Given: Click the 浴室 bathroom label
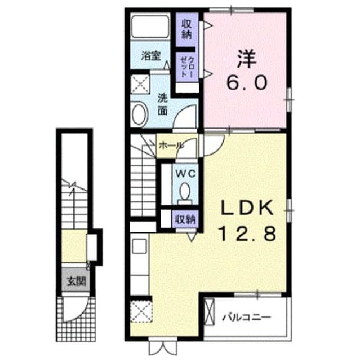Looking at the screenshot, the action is tap(151, 56).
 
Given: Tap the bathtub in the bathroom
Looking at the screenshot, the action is tap(150, 27).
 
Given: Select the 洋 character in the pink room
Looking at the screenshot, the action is tap(247, 59).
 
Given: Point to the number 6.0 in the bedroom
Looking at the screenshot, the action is tap(247, 82).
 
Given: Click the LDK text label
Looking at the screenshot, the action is tap(247, 208).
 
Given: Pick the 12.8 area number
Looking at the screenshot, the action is tap(247, 233).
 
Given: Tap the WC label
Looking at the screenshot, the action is tap(185, 174).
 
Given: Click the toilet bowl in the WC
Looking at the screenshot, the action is tap(185, 191).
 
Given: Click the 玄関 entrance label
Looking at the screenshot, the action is tap(76, 281).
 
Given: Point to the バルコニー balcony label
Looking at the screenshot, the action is tap(246, 318).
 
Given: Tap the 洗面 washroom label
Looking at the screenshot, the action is tap(162, 105).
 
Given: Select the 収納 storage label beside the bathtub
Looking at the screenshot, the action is tap(186, 29).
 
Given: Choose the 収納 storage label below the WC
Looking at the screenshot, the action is tap(185, 219).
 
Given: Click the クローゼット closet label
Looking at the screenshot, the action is tap(186, 67).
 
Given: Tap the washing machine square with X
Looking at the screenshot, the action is tap(140, 84).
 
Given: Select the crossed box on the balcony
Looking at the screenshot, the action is tap(209, 312).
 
